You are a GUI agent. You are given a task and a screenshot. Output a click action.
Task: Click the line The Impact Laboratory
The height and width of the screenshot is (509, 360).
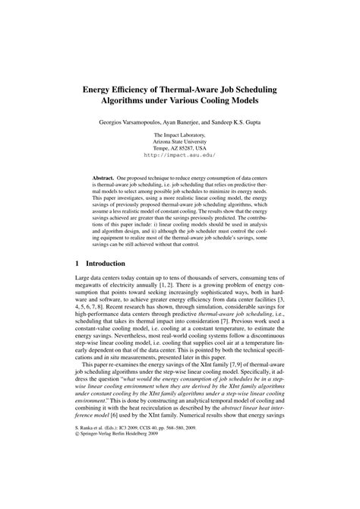179,135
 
